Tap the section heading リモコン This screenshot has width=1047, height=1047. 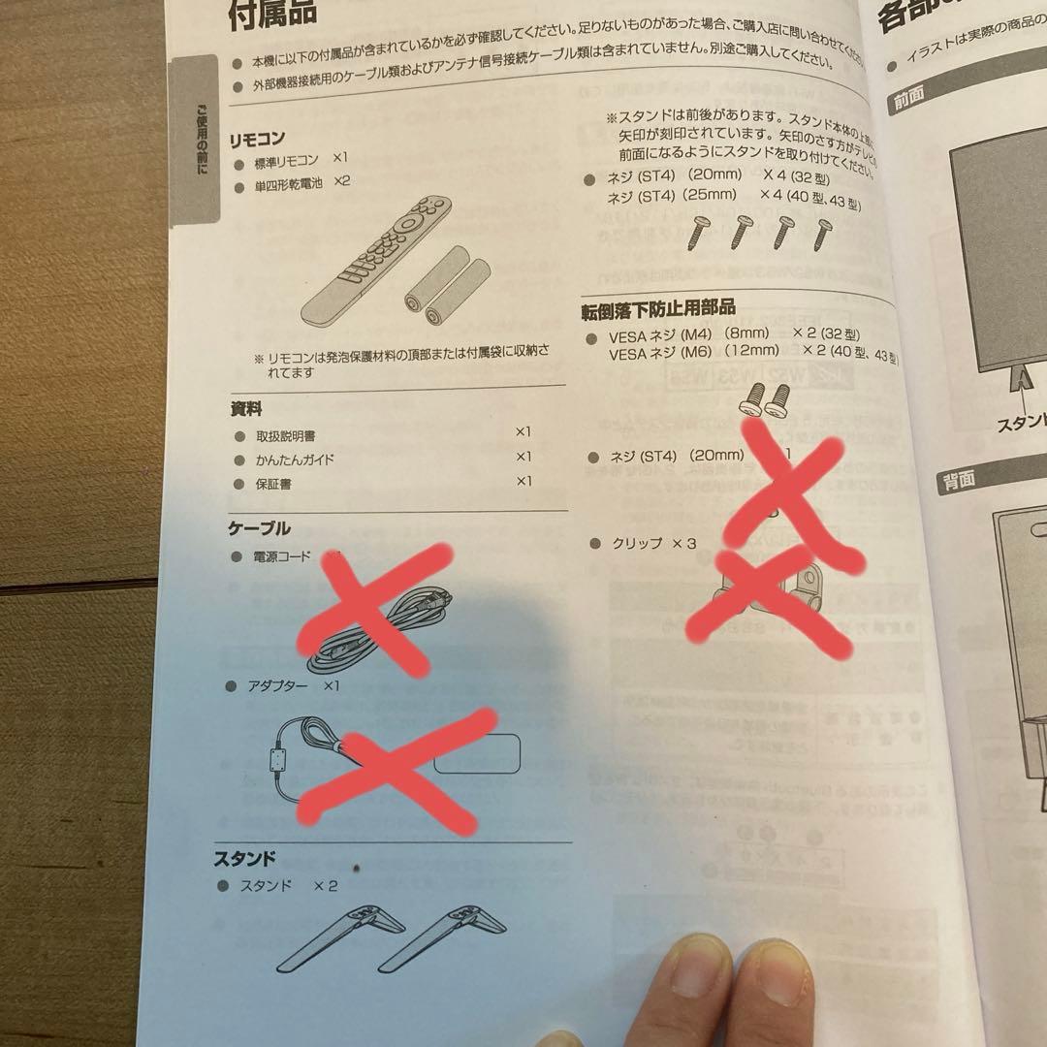(256, 140)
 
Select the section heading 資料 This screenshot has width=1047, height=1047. (245, 409)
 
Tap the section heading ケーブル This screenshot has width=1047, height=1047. (259, 529)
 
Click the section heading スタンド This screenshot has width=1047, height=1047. (244, 859)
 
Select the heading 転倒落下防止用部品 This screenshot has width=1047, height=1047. (659, 307)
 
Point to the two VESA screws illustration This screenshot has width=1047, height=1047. (764, 395)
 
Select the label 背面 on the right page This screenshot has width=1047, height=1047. (957, 479)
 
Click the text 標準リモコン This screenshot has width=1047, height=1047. (286, 159)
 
